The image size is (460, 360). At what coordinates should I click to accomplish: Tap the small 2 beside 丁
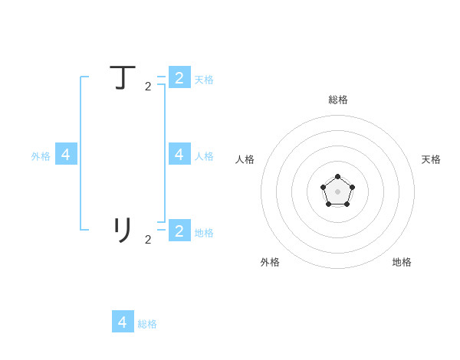click(148, 87)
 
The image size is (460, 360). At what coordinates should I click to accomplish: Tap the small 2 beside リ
click(148, 240)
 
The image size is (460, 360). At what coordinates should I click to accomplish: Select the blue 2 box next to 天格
click(179, 77)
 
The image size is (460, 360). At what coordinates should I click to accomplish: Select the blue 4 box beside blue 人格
click(179, 154)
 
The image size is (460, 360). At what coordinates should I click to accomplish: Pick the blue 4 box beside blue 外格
click(66, 154)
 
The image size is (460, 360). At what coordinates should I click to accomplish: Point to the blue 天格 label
click(204, 80)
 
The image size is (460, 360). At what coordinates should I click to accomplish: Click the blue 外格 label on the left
click(41, 156)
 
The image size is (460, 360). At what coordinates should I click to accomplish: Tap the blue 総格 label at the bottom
click(147, 324)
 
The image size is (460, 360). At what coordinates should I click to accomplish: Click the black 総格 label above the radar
click(338, 100)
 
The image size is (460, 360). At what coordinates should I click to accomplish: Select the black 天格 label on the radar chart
click(431, 159)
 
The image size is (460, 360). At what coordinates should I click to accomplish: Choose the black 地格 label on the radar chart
click(402, 262)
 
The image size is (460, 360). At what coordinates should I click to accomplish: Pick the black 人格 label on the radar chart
click(245, 159)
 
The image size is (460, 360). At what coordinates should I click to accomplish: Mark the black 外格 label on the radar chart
click(270, 262)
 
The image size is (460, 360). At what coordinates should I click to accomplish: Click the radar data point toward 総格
click(337, 176)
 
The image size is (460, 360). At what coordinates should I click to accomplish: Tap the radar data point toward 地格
click(347, 205)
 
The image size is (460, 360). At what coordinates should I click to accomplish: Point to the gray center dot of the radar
click(337, 191)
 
